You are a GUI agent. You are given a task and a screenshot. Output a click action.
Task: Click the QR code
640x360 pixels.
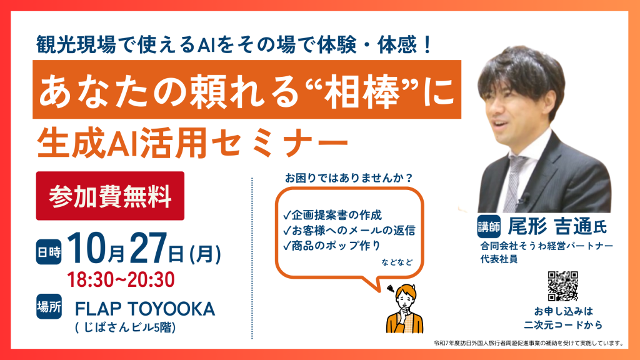pyautogui.click(x=563, y=286)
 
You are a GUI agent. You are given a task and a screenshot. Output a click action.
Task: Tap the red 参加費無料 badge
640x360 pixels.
pyautogui.click(x=110, y=196)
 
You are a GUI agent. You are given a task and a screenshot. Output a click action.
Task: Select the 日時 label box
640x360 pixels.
pyautogui.click(x=49, y=252)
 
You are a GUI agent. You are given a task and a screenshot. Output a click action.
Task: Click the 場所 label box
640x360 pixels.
pyautogui.click(x=49, y=306)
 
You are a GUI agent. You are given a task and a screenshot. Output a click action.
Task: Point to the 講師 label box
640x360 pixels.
pyautogui.click(x=489, y=226)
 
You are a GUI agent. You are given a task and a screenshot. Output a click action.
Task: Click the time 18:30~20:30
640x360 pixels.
pyautogui.click(x=121, y=280)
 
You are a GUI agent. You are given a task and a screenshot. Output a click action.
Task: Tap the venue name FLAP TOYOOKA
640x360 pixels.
pyautogui.click(x=145, y=309)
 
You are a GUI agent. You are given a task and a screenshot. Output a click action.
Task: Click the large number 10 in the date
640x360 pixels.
pyautogui.click(x=87, y=247)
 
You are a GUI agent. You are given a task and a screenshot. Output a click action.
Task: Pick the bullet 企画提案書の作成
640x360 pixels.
pyautogui.click(x=332, y=215)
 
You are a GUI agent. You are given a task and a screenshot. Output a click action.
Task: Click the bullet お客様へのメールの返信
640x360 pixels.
pyautogui.click(x=349, y=231)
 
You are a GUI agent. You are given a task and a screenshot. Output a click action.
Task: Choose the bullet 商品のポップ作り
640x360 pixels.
pyautogui.click(x=332, y=246)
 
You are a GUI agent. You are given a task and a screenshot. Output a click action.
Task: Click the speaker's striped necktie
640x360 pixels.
pyautogui.click(x=512, y=183)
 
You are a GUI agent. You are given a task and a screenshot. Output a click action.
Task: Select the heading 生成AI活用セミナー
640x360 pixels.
pyautogui.click(x=192, y=142)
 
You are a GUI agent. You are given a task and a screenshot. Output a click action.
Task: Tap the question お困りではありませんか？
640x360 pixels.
pyautogui.click(x=349, y=178)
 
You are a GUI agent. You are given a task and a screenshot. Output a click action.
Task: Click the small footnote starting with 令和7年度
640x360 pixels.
pyautogui.click(x=529, y=343)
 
